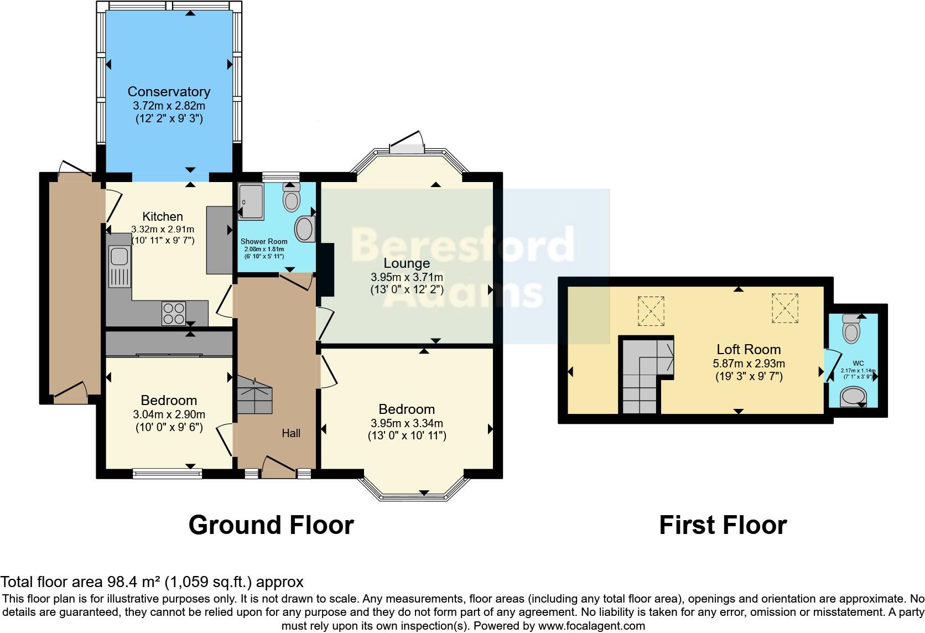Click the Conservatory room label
tap(169, 92)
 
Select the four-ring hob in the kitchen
tap(174, 314)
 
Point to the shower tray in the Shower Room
tap(251, 200)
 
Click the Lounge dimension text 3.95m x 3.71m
tap(407, 277)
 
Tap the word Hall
tap(291, 433)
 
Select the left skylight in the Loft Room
tap(651, 310)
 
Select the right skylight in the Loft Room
tap(785, 308)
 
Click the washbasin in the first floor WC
tap(853, 397)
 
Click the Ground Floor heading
tap(271, 525)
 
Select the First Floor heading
tap(723, 525)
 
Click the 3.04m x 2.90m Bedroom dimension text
tap(169, 414)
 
